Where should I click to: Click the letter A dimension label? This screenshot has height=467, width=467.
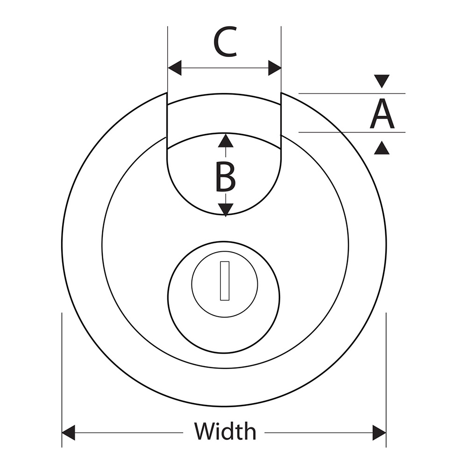pyautogui.click(x=382, y=114)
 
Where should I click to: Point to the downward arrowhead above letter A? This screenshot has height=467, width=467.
pyautogui.click(x=382, y=81)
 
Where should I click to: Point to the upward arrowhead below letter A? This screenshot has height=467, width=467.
pyautogui.click(x=382, y=149)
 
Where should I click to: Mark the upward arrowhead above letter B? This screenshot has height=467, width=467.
pyautogui.click(x=226, y=140)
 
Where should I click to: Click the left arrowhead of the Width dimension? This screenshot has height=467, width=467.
pyautogui.click(x=69, y=432)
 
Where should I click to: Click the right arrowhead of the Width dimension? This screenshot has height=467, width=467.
pyautogui.click(x=379, y=432)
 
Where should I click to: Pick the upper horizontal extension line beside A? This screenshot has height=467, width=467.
pyautogui.click(x=350, y=93)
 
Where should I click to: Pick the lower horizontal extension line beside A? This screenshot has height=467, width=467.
pyautogui.click(x=350, y=132)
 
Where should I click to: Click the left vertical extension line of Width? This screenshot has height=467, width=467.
pyautogui.click(x=62, y=374)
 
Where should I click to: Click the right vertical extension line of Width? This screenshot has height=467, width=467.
pyautogui.click(x=386, y=374)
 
